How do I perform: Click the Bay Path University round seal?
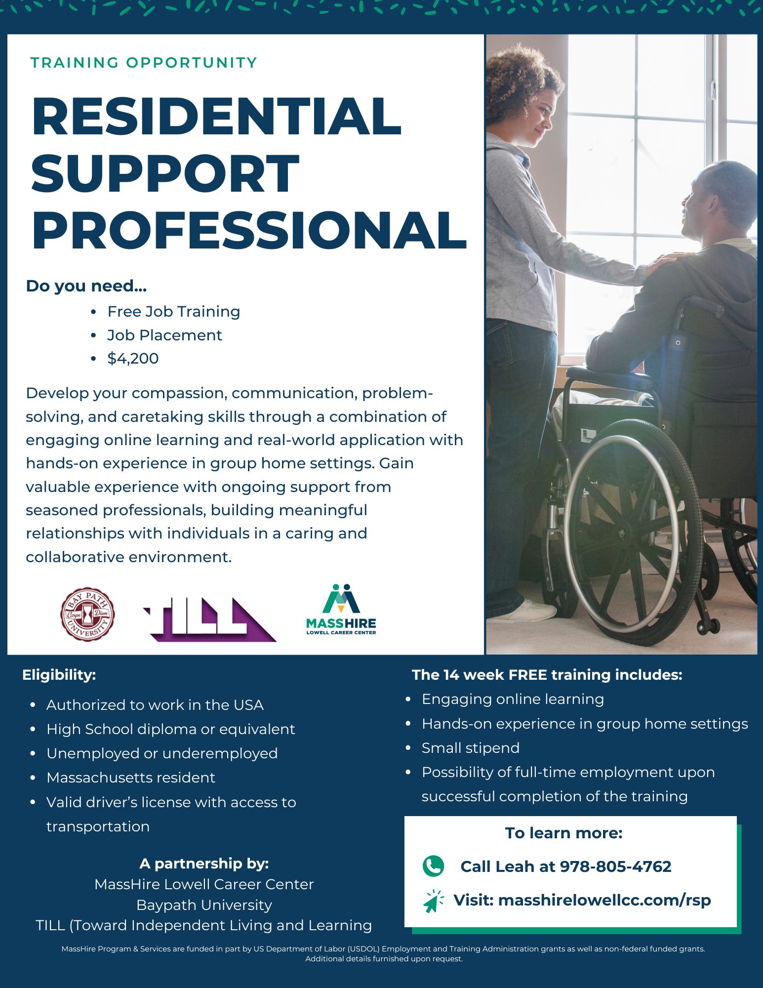click(x=87, y=614)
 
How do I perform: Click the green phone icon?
click(x=433, y=866)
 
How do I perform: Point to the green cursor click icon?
click(x=433, y=901)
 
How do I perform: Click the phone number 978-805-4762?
click(x=615, y=866)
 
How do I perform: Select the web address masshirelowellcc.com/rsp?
click(x=604, y=900)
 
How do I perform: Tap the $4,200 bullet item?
click(x=133, y=359)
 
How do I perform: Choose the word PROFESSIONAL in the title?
click(x=249, y=230)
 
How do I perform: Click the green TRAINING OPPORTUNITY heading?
click(x=144, y=63)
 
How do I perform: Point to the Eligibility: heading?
click(x=59, y=675)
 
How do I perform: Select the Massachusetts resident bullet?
click(x=131, y=778)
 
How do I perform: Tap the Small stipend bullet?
click(x=470, y=748)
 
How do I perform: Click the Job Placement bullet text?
click(x=164, y=335)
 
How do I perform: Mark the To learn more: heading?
click(x=563, y=833)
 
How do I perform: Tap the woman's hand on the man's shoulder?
click(x=669, y=261)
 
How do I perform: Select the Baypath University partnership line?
click(x=204, y=905)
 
